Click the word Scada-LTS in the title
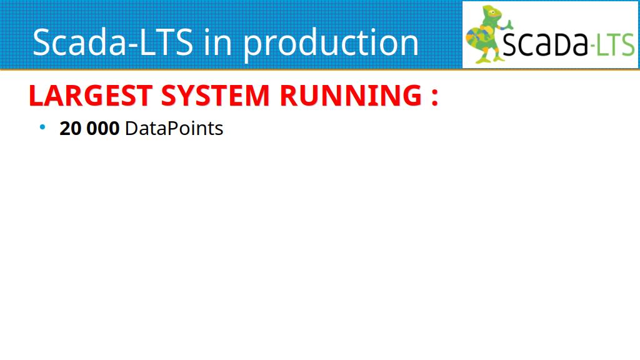pyautogui.click(x=112, y=42)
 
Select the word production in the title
pyautogui.click(x=331, y=44)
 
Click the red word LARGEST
pyautogui.click(x=91, y=96)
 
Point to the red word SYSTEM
pyautogui.click(x=216, y=96)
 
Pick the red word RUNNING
pyautogui.click(x=351, y=96)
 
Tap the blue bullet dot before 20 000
pyautogui.click(x=42, y=127)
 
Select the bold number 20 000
pyautogui.click(x=89, y=129)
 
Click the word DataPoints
pyautogui.click(x=174, y=129)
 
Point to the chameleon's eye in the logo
pyautogui.click(x=494, y=12)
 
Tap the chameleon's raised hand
pyautogui.click(x=509, y=24)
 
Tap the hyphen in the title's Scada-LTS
pyautogui.click(x=133, y=46)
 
